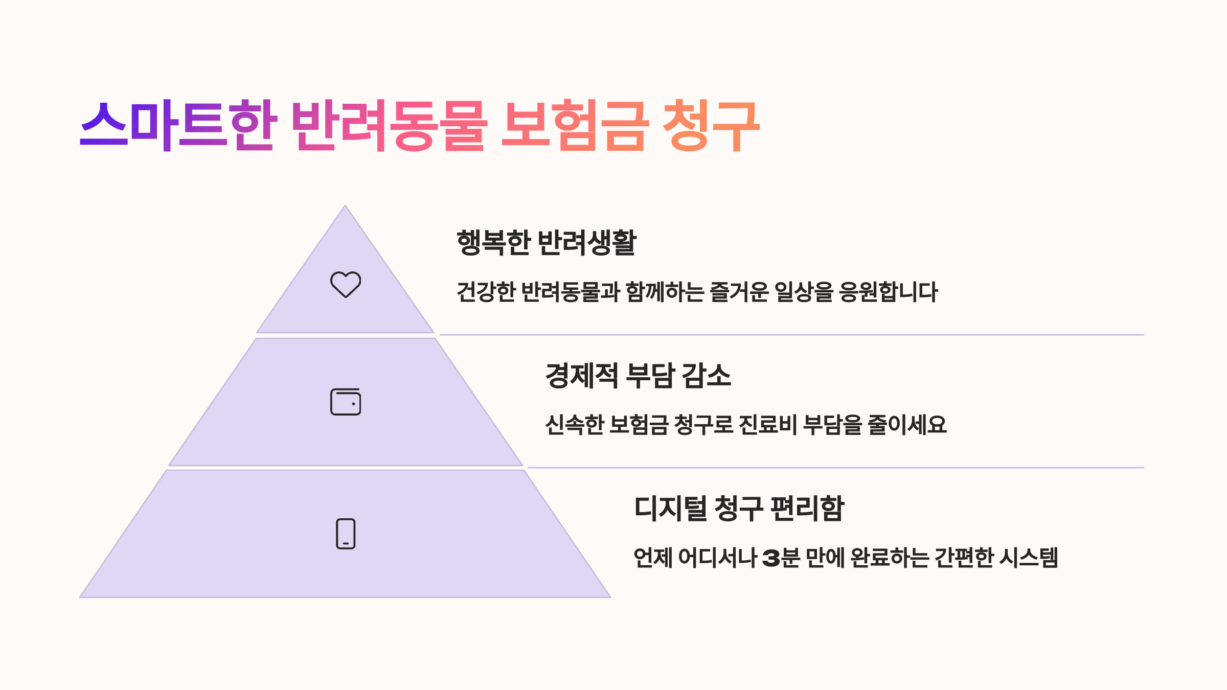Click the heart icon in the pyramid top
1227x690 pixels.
346,284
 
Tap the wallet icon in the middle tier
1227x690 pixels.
346,402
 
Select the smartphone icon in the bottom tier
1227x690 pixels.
346,534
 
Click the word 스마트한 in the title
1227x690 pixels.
178,125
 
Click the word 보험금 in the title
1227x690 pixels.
575,125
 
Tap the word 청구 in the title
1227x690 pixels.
711,125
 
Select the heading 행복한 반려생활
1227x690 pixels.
546,242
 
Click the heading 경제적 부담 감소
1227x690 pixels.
638,375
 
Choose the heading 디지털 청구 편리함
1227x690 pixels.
739,508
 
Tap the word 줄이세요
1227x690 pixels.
907,425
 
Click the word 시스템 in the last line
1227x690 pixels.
1028,558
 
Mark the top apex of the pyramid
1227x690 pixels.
345,208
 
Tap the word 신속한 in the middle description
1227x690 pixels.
575,425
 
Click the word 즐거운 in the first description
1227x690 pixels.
739,292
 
